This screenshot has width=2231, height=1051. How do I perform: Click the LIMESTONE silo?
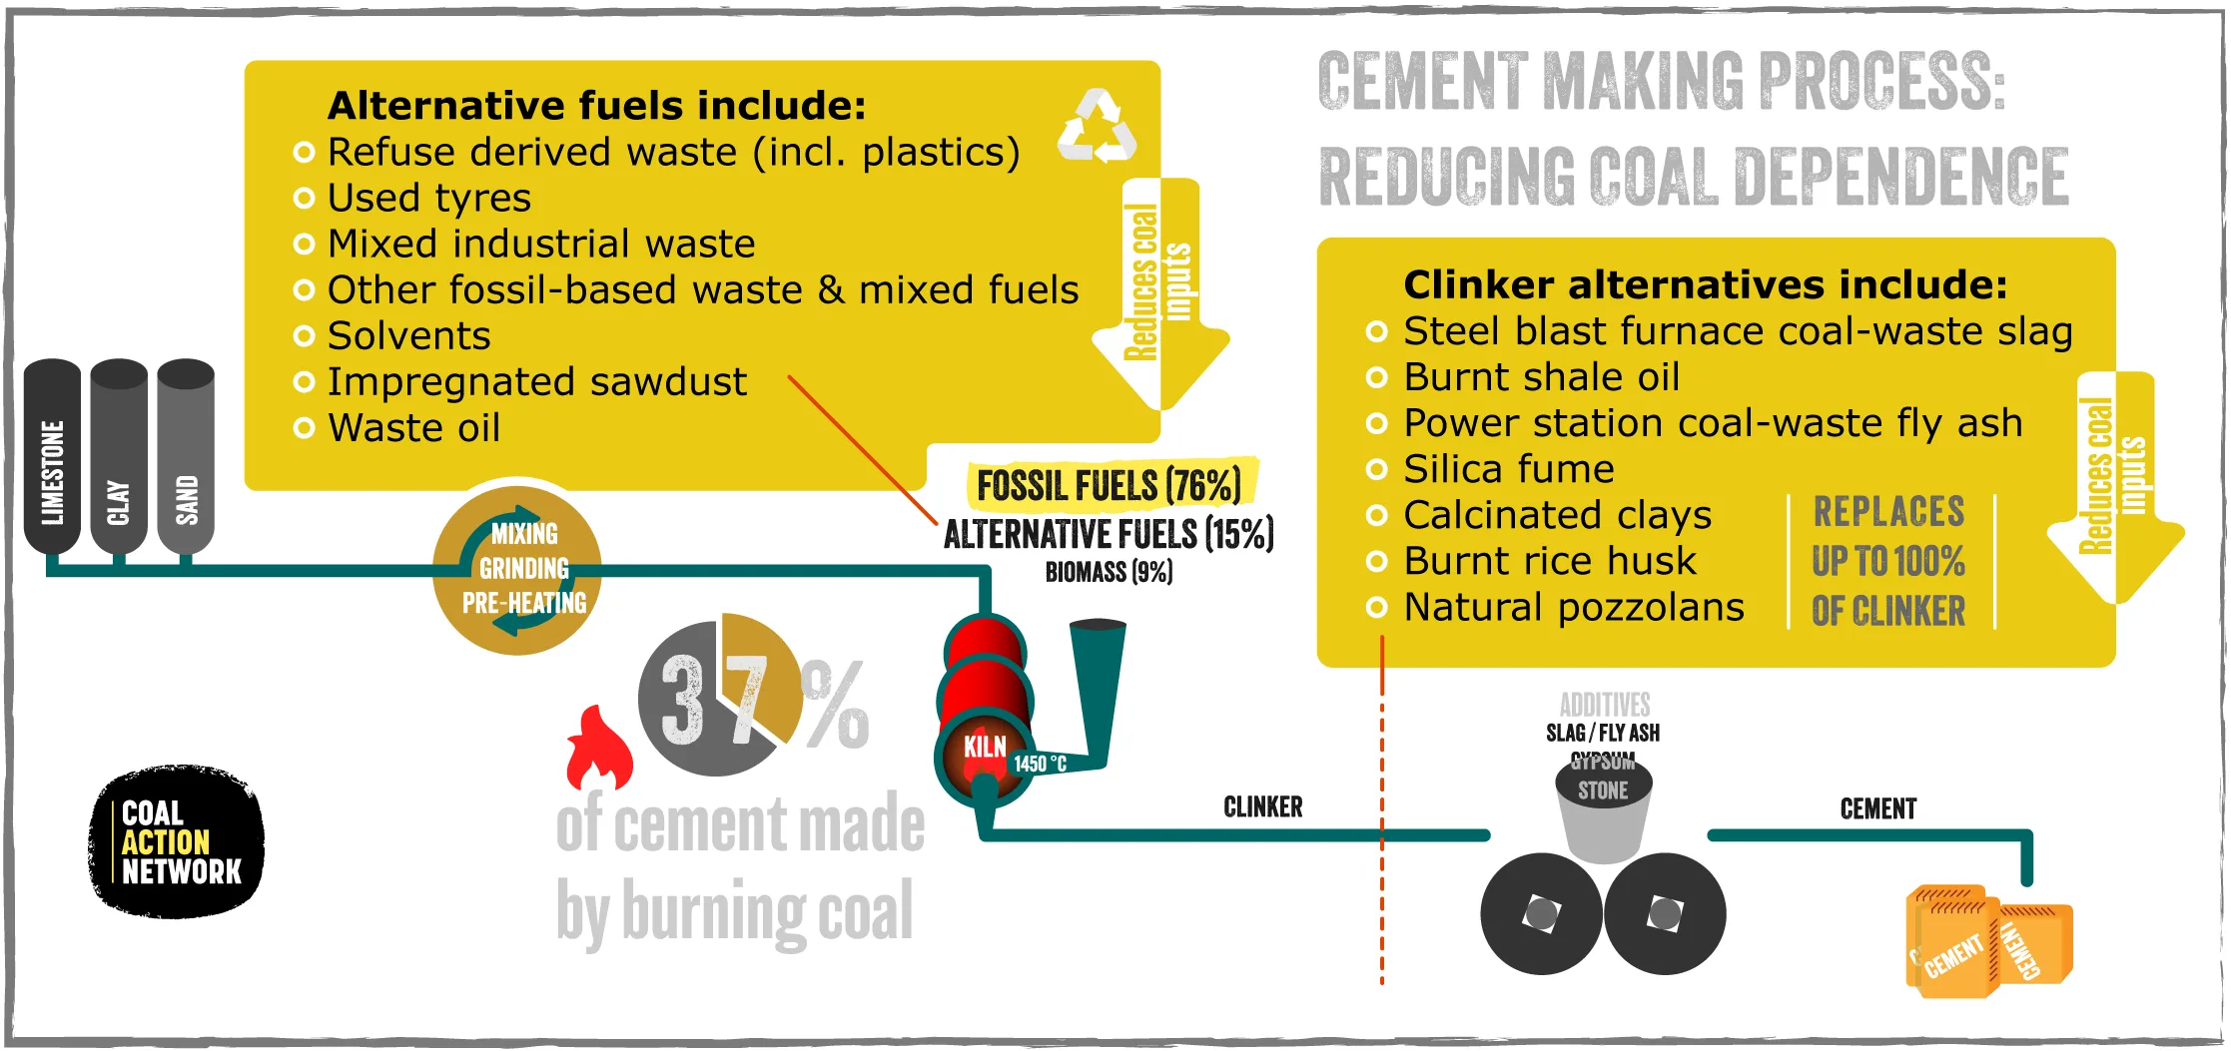[52, 457]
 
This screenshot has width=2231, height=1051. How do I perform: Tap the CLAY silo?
[119, 457]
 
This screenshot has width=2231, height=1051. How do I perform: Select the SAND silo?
[186, 457]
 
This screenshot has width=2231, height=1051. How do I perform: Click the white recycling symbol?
[1097, 126]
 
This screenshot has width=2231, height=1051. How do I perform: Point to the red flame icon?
[599, 748]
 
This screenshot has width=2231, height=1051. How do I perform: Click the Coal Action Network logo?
[177, 842]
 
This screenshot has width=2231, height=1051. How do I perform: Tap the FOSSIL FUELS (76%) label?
[1110, 486]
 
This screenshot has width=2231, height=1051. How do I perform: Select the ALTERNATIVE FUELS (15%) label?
[1109, 534]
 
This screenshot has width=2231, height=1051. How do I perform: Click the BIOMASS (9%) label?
[1109, 572]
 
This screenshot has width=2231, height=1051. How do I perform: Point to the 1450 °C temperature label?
[1040, 764]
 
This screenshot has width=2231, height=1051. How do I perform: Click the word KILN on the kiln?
[985, 747]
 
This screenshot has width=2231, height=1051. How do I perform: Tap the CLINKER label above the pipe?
[1263, 806]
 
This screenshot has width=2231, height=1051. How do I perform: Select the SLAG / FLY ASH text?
[1603, 733]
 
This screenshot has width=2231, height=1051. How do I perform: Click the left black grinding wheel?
[1542, 913]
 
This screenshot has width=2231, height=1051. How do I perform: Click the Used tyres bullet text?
[429, 198]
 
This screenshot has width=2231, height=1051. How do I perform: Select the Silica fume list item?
[1509, 468]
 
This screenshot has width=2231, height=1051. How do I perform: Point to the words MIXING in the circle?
[524, 534]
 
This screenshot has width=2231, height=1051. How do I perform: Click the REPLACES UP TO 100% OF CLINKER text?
[1888, 561]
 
